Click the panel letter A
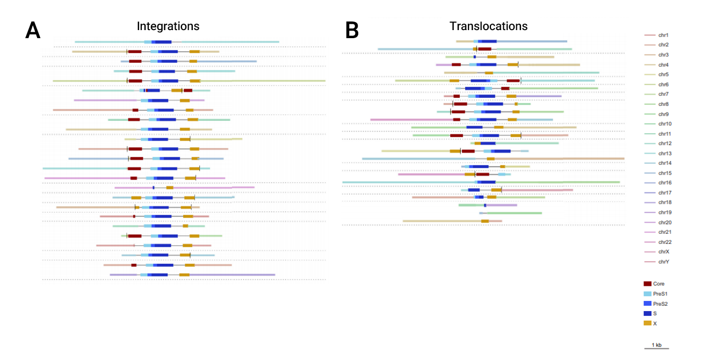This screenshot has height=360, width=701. pos(33,31)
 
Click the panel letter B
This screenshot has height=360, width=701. pos(352,31)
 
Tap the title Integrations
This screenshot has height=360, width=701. pos(168,26)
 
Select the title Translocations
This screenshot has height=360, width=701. pos(488,26)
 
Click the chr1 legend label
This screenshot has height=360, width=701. pos(663,35)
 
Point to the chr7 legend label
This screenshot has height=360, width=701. pos(663,94)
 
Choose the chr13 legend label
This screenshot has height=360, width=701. pos(664,153)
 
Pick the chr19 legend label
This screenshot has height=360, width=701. pos(664,212)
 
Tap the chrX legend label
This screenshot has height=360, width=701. pos(663,251)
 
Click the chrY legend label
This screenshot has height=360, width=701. pos(663,262)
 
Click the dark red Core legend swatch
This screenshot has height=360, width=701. pos(647,284)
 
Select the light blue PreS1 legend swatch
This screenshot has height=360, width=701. pos(647,293)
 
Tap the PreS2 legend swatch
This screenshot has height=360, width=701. pos(647,304)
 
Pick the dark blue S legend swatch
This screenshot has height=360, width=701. pos(647,313)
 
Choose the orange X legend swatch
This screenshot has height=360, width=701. pos(647,323)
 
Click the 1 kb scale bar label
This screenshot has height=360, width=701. pos(656,344)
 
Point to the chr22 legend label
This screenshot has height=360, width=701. pos(664,242)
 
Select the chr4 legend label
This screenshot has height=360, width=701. pos(663,65)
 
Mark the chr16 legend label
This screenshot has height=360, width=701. pos(664,183)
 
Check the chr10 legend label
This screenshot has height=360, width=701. pos(664,124)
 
